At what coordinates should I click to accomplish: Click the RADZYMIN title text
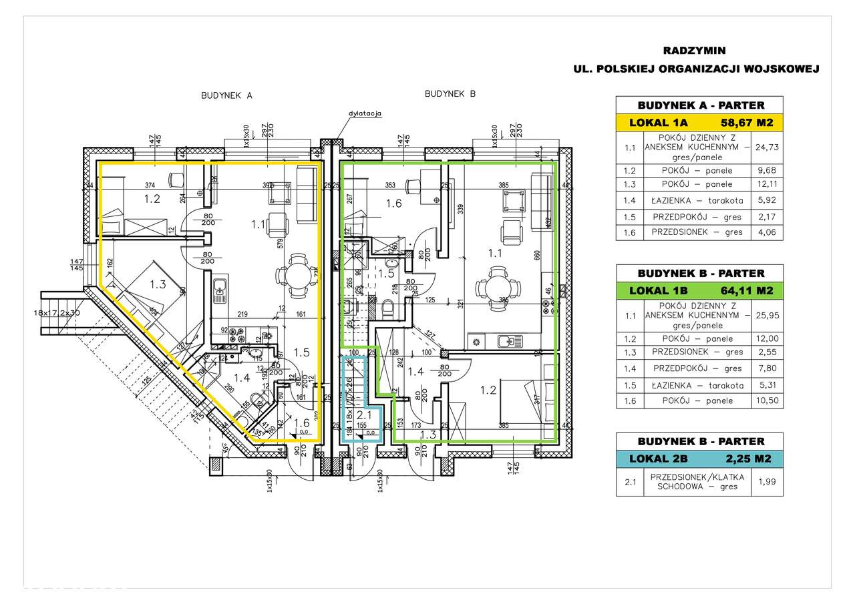(694, 50)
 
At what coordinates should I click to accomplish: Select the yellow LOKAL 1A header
(699, 122)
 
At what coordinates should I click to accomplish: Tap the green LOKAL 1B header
(699, 290)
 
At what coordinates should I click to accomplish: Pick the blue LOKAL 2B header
(699, 459)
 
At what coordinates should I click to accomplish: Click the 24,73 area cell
(767, 147)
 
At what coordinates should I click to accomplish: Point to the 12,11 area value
(767, 184)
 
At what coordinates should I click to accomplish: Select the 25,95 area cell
(767, 315)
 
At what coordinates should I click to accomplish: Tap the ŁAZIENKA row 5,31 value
(767, 385)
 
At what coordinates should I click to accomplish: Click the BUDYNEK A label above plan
(226, 95)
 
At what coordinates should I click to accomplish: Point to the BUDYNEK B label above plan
(450, 94)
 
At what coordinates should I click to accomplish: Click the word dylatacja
(364, 113)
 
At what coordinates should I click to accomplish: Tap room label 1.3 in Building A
(158, 284)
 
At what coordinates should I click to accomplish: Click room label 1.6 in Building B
(393, 204)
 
